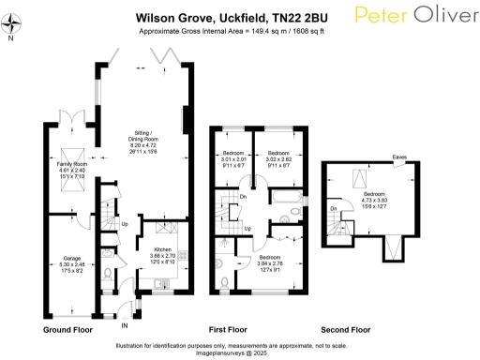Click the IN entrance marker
125,324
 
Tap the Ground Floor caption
67,331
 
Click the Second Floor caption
345,331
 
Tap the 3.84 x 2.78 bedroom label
270,262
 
